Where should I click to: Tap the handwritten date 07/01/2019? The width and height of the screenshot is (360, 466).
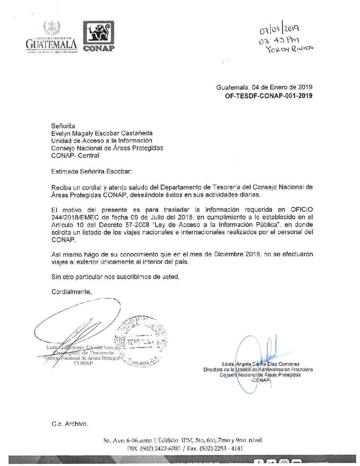click(280, 30)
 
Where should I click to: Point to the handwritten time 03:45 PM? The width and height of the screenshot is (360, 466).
click(279, 40)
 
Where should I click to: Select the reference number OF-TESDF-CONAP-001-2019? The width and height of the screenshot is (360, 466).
click(268, 96)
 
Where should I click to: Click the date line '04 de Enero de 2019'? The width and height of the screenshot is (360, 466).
click(282, 87)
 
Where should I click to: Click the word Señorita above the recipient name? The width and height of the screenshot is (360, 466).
click(63, 126)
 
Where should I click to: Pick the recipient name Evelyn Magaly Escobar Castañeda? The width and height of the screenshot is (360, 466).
click(102, 133)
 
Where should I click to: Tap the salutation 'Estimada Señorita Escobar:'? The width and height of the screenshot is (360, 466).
click(92, 171)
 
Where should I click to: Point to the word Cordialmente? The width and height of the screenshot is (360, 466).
click(71, 292)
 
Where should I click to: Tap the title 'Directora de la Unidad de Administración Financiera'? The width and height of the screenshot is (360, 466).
click(258, 369)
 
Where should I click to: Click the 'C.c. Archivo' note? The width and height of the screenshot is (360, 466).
click(70, 424)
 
